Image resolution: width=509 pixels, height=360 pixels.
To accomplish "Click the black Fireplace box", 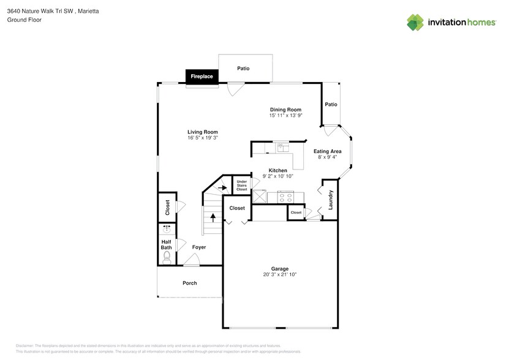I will pyautogui.click(x=202, y=77).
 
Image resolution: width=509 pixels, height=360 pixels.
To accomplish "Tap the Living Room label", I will pyautogui.click(x=202, y=132).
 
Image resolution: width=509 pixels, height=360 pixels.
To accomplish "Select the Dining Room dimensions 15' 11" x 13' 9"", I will pyautogui.click(x=285, y=115).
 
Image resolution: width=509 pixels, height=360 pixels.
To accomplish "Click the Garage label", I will pyautogui.click(x=279, y=269).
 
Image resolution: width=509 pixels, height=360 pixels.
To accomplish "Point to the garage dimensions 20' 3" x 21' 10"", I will pyautogui.click(x=279, y=275).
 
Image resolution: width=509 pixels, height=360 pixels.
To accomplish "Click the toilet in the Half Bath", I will pyautogui.click(x=166, y=258).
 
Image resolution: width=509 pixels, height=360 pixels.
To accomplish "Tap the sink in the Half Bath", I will pyautogui.click(x=166, y=231).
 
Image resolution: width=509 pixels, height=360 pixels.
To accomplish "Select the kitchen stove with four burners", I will pyautogui.click(x=286, y=197).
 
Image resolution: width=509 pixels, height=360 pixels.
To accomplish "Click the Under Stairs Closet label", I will pyautogui.click(x=241, y=186).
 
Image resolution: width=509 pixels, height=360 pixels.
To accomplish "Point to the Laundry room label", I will pyautogui.click(x=330, y=200).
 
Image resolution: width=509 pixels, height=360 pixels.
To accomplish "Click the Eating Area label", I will pyautogui.click(x=327, y=151).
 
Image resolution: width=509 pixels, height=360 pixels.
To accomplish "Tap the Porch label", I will pyautogui.click(x=189, y=283).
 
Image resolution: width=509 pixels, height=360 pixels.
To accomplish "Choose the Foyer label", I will pyautogui.click(x=198, y=247).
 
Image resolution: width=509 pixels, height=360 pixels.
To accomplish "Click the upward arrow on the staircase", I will pyautogui.click(x=213, y=217).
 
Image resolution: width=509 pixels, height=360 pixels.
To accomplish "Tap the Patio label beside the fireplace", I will pyautogui.click(x=243, y=69).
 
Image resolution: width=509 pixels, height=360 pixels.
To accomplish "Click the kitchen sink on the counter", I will pyautogui.click(x=282, y=147).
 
